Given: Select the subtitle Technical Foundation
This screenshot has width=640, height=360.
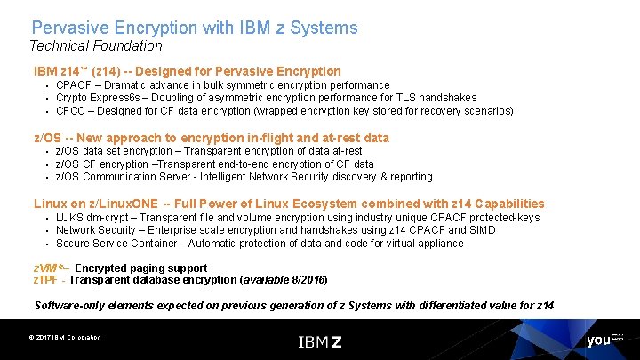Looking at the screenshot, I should click(96, 45).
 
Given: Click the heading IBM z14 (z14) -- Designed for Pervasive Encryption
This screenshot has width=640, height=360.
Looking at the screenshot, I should click(187, 71).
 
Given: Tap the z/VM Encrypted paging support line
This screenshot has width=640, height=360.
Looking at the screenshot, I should click(120, 268).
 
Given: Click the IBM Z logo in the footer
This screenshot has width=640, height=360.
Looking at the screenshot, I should click(319, 340).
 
